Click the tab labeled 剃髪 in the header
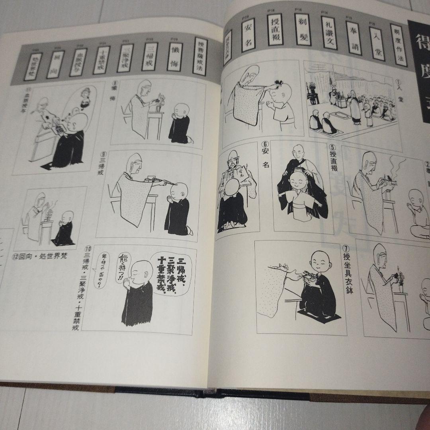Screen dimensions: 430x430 pyautogui.click(x=302, y=29)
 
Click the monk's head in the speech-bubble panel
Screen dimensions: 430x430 pyautogui.click(x=142, y=272)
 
